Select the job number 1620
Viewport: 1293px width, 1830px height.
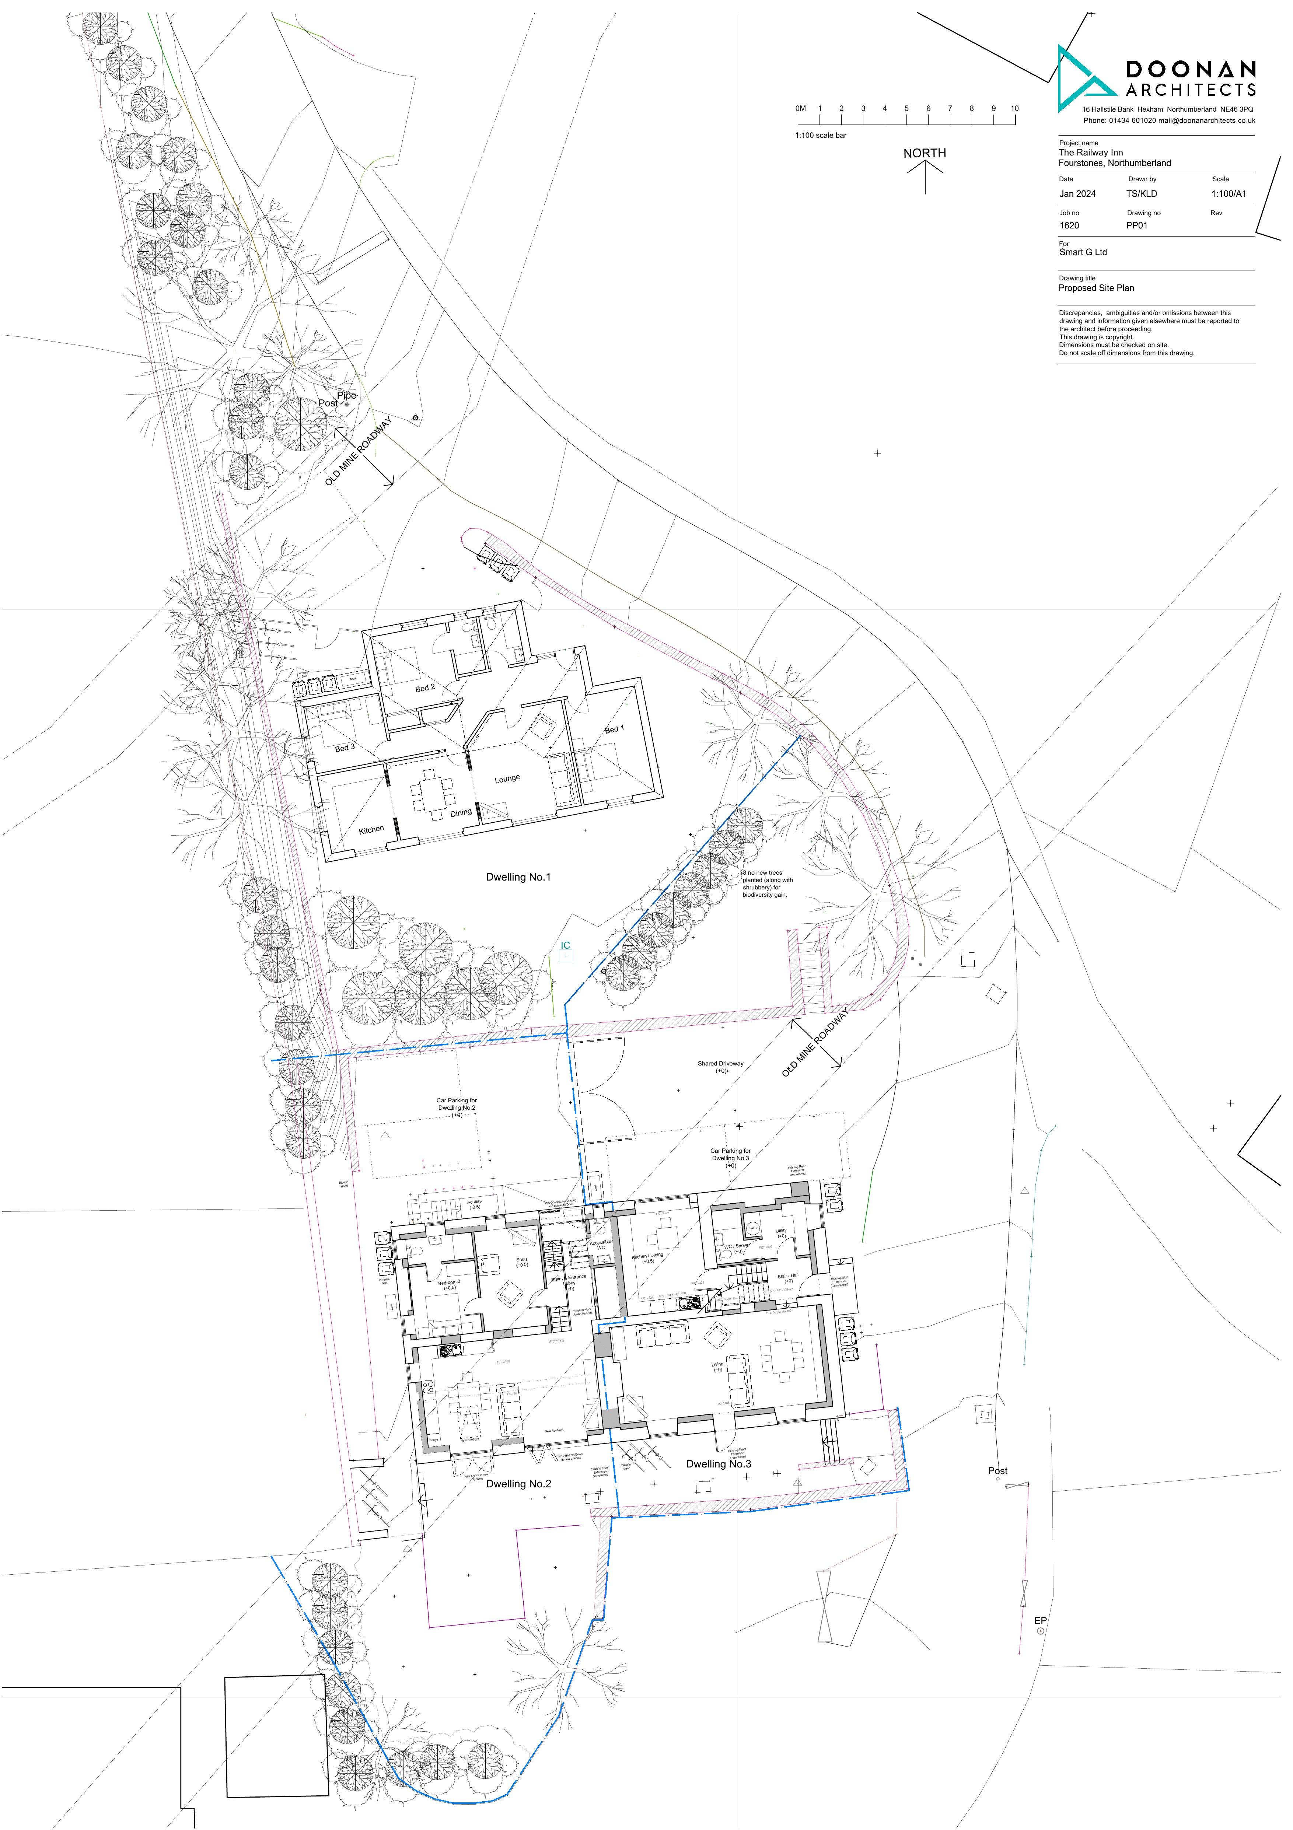click(x=1069, y=225)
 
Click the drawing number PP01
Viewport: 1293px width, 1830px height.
click(x=1137, y=225)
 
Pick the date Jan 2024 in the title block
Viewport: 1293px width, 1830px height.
click(x=1077, y=194)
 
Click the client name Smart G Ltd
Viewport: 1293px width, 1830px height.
click(x=1083, y=252)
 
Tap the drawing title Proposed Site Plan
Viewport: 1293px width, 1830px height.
click(x=1096, y=288)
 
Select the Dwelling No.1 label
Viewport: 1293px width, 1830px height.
click(x=518, y=877)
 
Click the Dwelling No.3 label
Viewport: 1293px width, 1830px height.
click(x=718, y=1463)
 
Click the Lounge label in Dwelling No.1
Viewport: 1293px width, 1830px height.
click(x=507, y=779)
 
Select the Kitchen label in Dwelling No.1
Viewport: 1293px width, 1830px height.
click(x=371, y=830)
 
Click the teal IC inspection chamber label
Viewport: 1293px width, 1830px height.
click(x=565, y=945)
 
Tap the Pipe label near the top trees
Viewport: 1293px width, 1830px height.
click(x=347, y=395)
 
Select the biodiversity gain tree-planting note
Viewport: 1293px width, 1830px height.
click(x=767, y=884)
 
